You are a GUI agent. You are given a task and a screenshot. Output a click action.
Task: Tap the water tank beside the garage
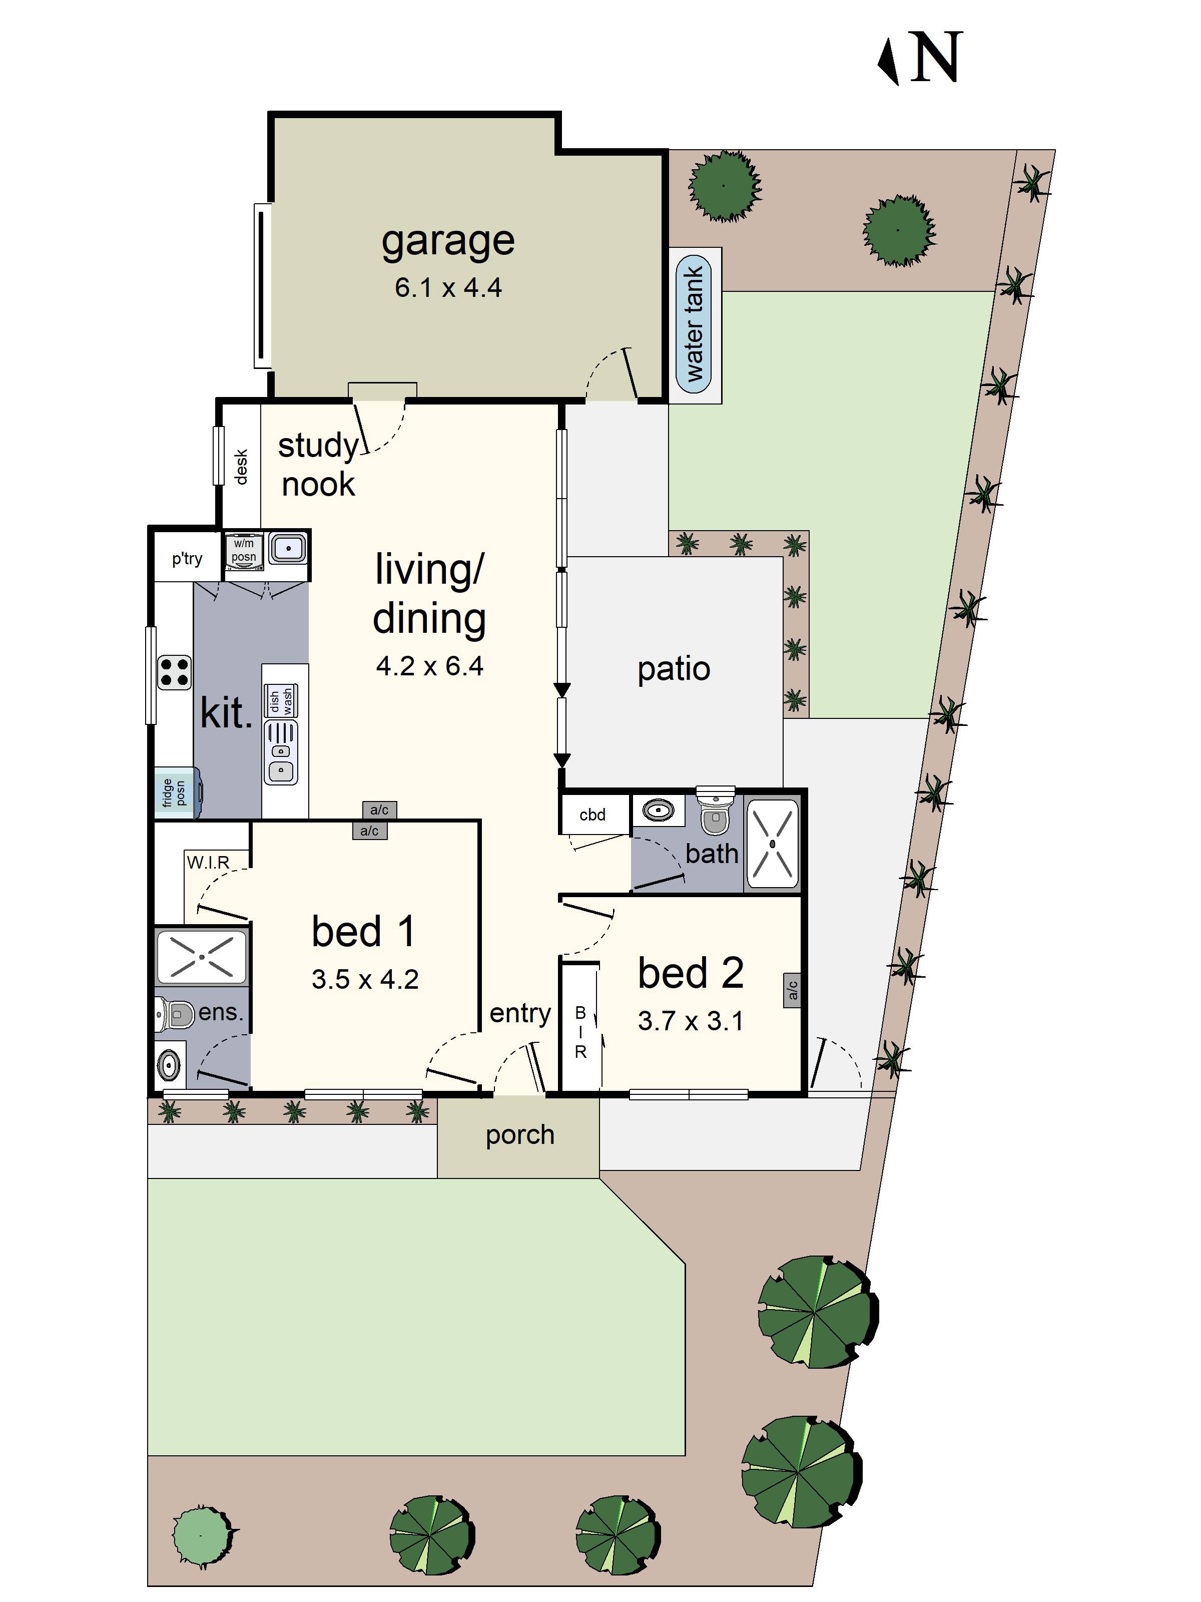694,324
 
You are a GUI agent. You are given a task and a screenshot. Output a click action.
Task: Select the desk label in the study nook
241,467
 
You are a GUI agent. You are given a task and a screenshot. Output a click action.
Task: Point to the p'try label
187,558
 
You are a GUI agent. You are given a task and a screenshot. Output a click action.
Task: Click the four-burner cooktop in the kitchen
175,671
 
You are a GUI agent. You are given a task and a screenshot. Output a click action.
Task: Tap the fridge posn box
175,793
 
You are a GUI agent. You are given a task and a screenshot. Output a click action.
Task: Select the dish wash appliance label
281,700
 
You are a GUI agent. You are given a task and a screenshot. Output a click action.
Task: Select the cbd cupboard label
592,815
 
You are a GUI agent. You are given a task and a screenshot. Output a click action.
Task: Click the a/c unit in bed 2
793,989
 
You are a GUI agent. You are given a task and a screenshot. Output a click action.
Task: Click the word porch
520,1135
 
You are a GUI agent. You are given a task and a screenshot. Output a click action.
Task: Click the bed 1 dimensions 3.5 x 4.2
365,980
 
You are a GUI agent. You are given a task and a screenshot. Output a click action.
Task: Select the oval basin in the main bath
658,810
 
